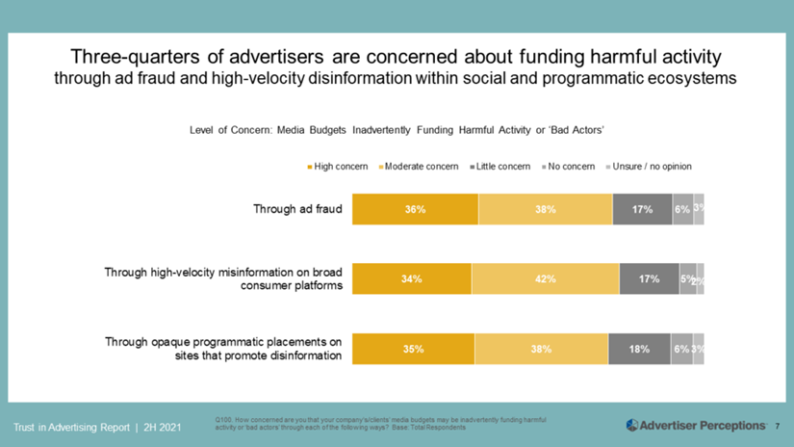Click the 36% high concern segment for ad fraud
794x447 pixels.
point(415,209)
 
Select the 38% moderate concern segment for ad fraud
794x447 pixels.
point(545,209)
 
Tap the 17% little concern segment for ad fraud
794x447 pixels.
point(642,209)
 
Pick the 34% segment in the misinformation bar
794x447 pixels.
point(412,279)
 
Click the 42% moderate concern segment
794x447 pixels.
point(546,279)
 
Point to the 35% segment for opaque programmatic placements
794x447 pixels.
point(414,350)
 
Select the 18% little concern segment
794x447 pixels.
point(639,350)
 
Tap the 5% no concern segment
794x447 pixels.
point(687,279)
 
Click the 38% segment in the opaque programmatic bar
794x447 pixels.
point(541,350)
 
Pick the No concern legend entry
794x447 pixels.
point(571,167)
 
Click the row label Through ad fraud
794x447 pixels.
point(298,208)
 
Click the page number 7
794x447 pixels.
point(777,425)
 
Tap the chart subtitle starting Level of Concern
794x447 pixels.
point(397,130)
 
